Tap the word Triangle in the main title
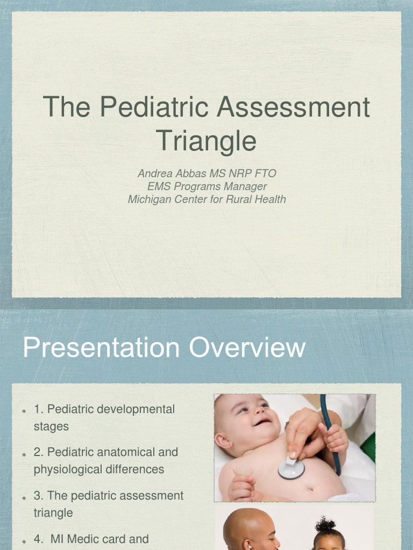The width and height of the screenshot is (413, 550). pos(206,141)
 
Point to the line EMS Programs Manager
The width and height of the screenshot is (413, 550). pos(206,186)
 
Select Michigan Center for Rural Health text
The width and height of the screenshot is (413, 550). pos(206,199)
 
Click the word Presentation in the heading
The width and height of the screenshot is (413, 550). pos(101,348)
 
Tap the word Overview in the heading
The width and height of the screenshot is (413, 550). pos(247,348)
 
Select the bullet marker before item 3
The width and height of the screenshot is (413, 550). pos(25,497)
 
